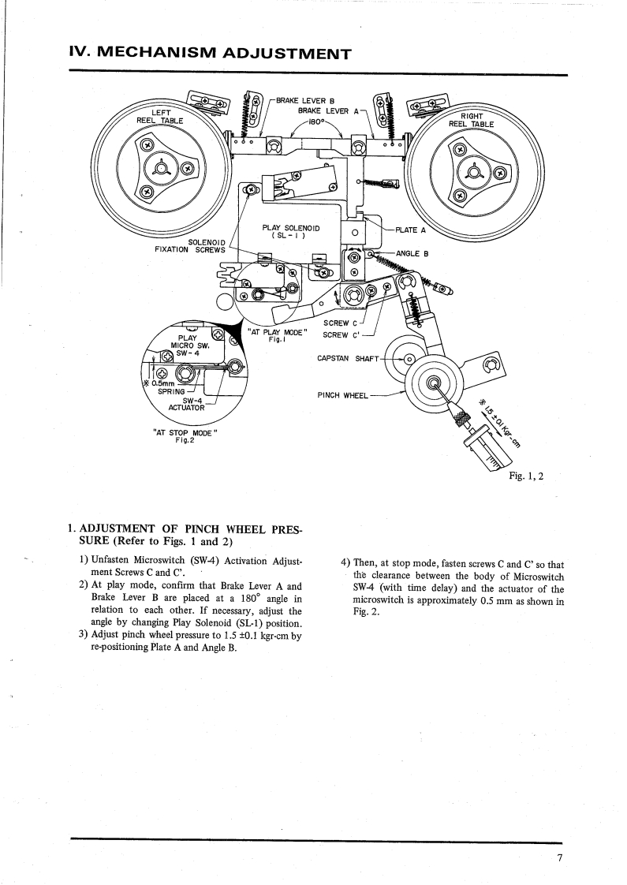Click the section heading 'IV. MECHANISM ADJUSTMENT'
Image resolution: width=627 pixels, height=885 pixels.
point(210,54)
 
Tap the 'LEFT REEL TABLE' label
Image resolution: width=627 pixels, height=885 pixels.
point(160,117)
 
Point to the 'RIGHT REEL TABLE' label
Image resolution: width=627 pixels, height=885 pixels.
point(471,119)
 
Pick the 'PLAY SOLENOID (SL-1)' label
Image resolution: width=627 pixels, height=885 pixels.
point(289,231)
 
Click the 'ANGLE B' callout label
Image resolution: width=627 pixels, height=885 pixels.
point(412,254)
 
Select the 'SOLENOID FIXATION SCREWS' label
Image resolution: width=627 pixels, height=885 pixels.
point(191,245)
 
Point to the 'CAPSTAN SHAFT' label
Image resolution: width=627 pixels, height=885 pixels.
point(347,358)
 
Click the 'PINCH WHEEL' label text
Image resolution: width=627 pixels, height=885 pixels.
point(342,395)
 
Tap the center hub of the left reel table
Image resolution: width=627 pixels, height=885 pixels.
point(162,167)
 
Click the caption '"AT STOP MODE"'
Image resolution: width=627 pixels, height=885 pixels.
point(184,432)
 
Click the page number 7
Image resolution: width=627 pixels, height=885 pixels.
point(558,858)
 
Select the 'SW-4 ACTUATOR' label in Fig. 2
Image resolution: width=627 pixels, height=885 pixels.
point(188,404)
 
